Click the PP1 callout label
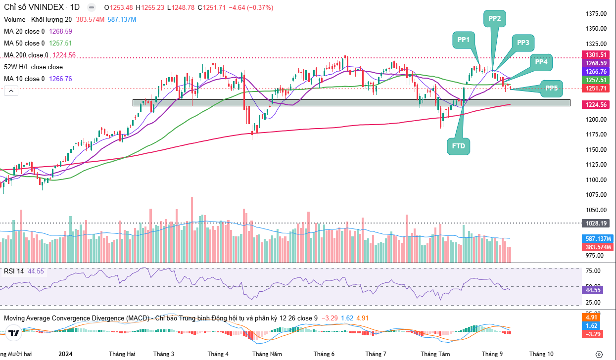tap(463, 40)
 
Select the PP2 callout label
tap(494, 19)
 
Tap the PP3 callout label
tap(523, 43)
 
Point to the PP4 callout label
tap(541, 62)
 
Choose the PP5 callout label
tap(552, 89)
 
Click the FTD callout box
tap(459, 146)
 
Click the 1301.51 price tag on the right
tap(596, 55)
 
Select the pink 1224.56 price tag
tap(596, 105)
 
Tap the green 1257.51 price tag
tap(596, 80)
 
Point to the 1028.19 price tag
tap(596, 223)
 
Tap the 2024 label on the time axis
tap(66, 354)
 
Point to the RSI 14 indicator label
tap(14, 271)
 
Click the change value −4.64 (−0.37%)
tap(250, 8)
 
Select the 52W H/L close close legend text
tap(33, 67)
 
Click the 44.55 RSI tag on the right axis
tap(593, 290)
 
